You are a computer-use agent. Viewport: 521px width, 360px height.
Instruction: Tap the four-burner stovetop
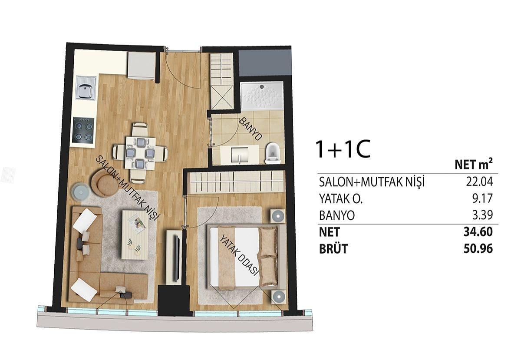click(83, 131)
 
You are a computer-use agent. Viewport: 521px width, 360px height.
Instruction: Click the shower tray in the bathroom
click(262, 95)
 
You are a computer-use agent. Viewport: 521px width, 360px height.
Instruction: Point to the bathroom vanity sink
click(240, 154)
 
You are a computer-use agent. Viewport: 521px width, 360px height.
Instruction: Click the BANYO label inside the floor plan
click(251, 129)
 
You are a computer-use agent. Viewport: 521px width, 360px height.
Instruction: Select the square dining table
click(140, 153)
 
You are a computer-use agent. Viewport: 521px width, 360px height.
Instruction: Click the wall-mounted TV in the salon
click(177, 258)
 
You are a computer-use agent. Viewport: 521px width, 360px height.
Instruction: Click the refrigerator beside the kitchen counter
click(142, 66)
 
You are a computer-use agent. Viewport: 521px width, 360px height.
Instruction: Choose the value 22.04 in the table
click(479, 182)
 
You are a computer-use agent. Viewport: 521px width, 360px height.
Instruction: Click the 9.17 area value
click(484, 198)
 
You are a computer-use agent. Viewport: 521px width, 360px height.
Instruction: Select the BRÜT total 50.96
click(478, 249)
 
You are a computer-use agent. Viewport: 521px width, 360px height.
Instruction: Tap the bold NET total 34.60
click(478, 232)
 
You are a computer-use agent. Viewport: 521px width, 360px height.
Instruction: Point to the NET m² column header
click(474, 165)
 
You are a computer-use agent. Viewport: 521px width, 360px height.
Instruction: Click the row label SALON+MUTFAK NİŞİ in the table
click(372, 182)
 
